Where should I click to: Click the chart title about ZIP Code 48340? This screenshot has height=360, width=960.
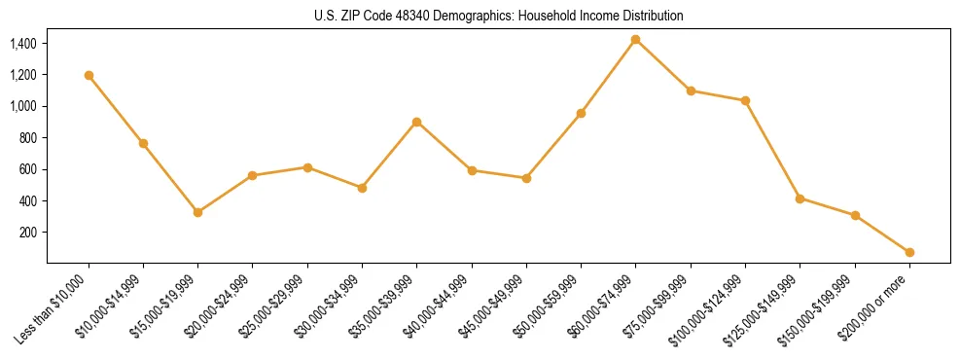point(498,16)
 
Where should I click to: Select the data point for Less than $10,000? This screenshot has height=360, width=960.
point(89,75)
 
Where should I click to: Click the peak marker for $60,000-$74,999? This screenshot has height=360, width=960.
point(635,40)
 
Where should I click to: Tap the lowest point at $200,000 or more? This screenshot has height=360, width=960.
point(909,252)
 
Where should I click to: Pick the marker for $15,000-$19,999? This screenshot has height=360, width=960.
point(197,212)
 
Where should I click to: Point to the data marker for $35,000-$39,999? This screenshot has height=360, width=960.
point(416,122)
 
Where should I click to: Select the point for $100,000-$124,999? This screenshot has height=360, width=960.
point(745,100)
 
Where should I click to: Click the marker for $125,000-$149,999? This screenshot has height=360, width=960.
point(800,198)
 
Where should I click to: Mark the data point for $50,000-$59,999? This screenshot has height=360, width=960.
point(581,113)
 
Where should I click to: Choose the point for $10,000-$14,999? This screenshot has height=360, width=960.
point(143,143)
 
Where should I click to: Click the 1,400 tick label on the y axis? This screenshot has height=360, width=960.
point(22,44)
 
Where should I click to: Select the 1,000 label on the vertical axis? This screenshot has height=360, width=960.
point(22,106)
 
